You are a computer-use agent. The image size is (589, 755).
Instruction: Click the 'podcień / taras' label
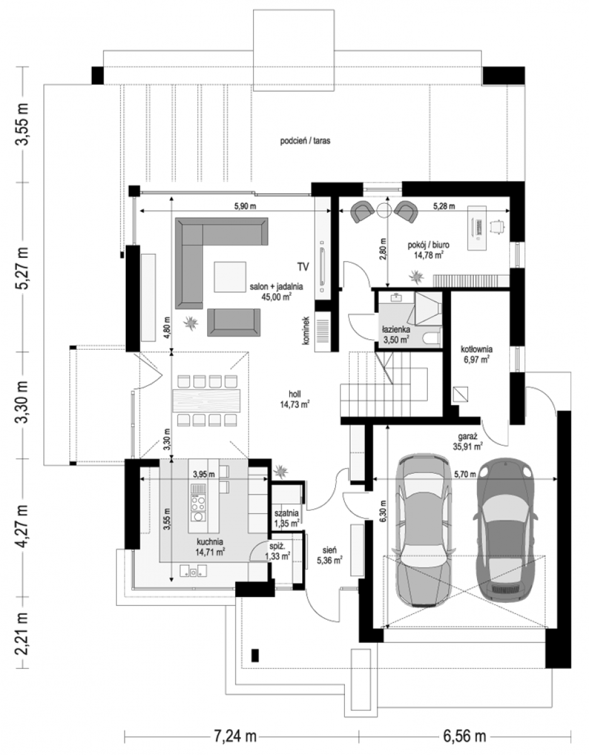(305, 141)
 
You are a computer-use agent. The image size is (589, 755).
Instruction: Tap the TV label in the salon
(303, 267)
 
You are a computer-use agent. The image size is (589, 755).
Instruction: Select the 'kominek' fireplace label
(306, 330)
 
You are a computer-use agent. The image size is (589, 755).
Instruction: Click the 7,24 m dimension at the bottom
(235, 736)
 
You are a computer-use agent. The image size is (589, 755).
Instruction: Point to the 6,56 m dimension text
(464, 736)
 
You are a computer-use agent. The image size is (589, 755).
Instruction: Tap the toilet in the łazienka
(433, 337)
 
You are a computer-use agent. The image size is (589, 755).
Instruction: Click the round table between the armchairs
(384, 210)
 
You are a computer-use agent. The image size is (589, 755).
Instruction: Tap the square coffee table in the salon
(230, 277)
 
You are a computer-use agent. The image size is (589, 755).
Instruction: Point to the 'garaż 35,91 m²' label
(468, 441)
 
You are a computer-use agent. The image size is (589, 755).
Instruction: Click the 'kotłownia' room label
(476, 349)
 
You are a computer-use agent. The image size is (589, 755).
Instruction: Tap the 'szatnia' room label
(286, 513)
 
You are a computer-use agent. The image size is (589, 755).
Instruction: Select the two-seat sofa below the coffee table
(234, 322)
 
